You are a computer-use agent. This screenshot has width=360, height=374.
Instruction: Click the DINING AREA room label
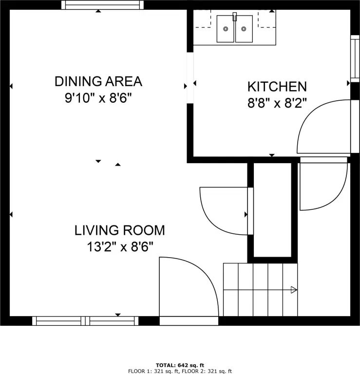[x=98, y=81]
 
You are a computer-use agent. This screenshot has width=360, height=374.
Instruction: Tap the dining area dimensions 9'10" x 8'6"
[x=98, y=98]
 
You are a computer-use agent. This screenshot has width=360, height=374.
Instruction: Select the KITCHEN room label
[x=277, y=87]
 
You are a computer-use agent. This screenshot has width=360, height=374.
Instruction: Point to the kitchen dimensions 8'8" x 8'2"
[x=277, y=103]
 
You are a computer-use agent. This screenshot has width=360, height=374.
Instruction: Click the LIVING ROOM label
[x=120, y=230]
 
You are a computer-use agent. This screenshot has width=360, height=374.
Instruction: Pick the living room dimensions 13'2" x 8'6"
[x=120, y=246]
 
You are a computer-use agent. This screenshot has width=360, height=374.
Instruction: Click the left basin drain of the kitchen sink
[x=226, y=29]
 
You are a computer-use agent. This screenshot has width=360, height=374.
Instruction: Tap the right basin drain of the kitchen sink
[x=244, y=29]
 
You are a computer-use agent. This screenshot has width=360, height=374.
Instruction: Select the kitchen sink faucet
[x=235, y=17]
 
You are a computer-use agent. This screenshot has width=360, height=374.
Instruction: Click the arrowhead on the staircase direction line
[x=294, y=290]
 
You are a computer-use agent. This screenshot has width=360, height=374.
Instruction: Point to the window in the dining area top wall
[x=103, y=5]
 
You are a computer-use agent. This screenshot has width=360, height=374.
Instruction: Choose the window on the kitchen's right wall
[x=355, y=58]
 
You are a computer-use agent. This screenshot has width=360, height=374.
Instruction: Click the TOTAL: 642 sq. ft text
[x=180, y=365]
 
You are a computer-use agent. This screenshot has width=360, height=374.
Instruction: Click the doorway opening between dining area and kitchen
[x=190, y=78]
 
